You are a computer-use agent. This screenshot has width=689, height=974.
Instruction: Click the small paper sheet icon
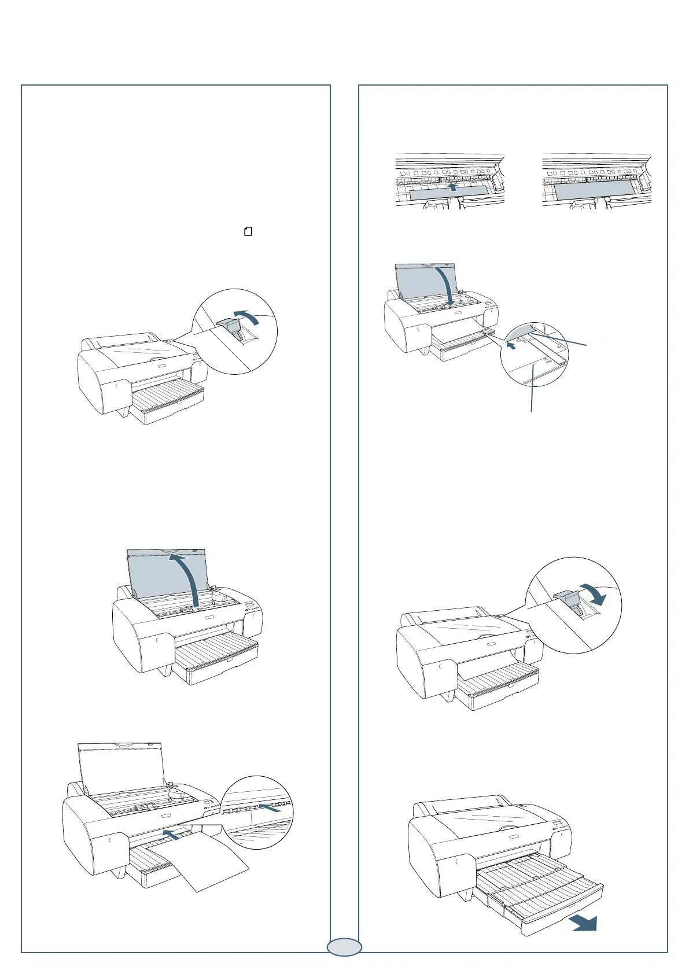248,232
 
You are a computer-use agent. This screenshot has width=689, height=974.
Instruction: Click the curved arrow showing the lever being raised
259,316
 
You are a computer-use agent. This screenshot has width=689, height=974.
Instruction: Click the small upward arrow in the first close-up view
454,187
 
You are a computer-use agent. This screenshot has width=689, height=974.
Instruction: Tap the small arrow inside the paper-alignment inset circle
511,346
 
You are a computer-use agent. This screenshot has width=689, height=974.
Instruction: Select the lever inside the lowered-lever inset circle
571,603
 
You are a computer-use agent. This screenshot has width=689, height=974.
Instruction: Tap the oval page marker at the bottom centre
344,947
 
